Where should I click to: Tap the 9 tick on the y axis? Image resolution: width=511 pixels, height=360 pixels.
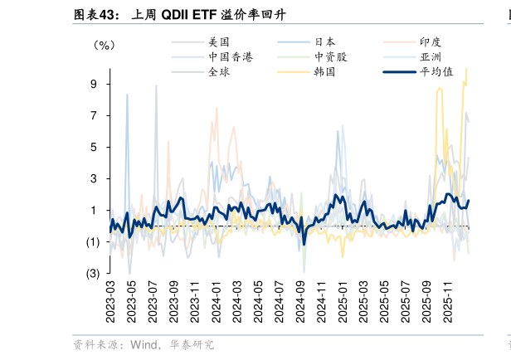94,84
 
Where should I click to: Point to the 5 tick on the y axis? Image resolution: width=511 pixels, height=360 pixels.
94,147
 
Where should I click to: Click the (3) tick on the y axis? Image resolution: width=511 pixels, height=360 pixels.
93,273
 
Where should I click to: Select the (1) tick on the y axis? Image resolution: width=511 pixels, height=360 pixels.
93,241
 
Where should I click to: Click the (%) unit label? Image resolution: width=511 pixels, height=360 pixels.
104,46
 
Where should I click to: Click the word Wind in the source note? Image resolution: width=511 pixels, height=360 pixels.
144,344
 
